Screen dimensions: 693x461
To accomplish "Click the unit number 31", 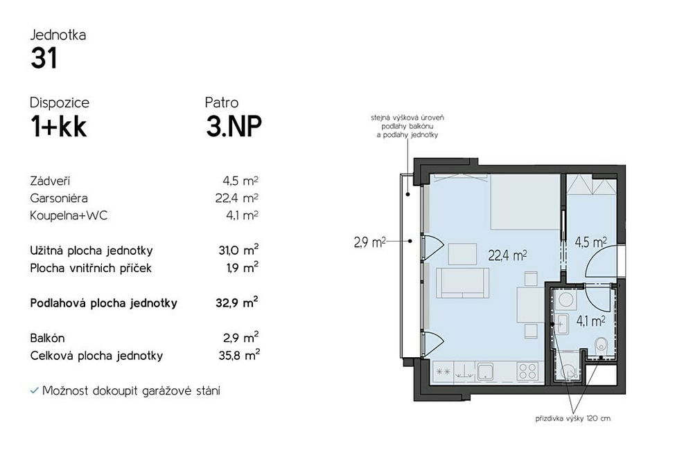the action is [44, 58].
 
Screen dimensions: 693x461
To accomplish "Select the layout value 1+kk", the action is [58, 127].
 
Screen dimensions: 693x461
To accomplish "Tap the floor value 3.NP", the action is [234, 126].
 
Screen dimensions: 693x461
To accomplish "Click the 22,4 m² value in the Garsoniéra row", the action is [237, 198].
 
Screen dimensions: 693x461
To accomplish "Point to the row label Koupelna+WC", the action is [69, 215].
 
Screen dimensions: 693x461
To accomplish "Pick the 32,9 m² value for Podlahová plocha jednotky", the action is [237, 303].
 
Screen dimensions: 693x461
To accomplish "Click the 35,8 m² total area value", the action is [239, 355].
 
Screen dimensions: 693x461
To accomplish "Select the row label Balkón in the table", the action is [47, 338].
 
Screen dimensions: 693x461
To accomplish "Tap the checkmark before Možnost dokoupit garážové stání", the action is [34, 391].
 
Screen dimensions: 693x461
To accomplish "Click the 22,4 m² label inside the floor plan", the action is [507, 255].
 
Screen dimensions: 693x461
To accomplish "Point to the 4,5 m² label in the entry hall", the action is [590, 242].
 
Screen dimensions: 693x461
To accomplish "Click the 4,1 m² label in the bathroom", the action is [590, 321].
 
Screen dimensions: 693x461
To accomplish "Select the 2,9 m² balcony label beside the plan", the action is [369, 242].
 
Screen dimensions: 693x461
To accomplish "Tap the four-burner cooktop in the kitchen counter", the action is [527, 371].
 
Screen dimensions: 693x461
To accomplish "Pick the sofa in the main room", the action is [462, 282].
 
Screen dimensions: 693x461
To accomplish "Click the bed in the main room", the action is [525, 202].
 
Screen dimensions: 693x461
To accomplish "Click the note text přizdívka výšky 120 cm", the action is [573, 419].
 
